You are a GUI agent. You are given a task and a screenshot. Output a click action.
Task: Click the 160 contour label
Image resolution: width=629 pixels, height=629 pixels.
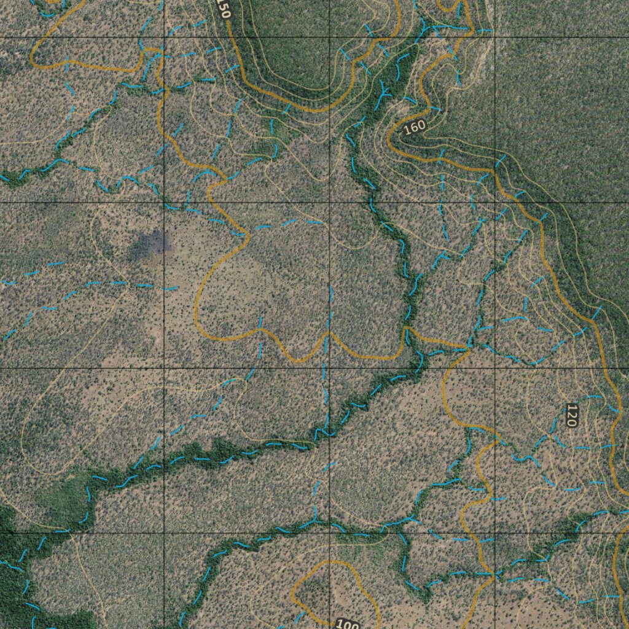tap(415, 127)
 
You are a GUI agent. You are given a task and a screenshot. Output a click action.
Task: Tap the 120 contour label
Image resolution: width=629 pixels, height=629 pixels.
tap(571, 415)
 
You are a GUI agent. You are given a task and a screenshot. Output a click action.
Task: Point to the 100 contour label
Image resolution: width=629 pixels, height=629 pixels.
tap(348, 625)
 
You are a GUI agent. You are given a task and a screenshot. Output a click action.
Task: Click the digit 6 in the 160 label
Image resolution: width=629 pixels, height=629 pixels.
tap(415, 127)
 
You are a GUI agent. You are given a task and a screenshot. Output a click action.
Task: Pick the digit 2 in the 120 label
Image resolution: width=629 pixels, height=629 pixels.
tap(571, 415)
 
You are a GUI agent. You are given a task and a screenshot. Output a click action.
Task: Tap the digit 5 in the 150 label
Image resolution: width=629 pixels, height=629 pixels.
tap(223, 8)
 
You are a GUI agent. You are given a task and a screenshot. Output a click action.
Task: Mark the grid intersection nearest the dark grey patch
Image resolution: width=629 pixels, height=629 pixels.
tap(164, 203)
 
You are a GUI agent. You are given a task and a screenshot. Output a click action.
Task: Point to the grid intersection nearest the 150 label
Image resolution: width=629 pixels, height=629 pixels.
tap(164, 37)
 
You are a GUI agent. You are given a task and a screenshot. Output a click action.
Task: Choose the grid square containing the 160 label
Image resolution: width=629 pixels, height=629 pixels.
tap(412, 120)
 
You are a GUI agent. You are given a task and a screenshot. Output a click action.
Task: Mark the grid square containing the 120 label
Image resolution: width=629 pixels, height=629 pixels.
tap(562, 450)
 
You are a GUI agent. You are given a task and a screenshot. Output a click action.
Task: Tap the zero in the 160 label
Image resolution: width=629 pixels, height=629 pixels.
tap(421, 125)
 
